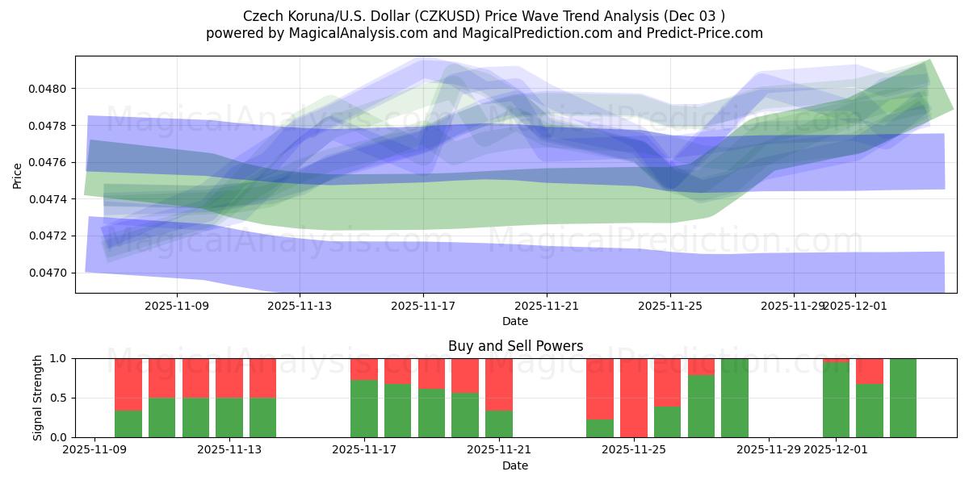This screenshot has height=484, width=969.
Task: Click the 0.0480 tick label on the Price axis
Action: coord(49,89)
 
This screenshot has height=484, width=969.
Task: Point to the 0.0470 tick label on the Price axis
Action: coord(49,273)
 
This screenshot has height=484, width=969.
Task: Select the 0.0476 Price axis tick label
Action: coord(49,162)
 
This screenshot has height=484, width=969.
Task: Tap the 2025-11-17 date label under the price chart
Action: coord(423,306)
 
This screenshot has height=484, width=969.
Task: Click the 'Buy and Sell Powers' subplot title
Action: coord(515,346)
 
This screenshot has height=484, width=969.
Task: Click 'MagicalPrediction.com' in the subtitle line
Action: coord(520,33)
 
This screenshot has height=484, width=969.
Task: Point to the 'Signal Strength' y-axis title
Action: coord(37,398)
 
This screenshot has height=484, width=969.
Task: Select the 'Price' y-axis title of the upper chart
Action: coord(18,174)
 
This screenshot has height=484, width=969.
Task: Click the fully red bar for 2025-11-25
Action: coord(634,397)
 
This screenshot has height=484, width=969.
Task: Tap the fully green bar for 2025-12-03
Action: coord(903,398)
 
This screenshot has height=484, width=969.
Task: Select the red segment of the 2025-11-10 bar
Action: coord(128,384)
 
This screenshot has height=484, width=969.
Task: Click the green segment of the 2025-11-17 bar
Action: coord(364,408)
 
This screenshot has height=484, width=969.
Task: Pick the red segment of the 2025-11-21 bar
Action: coord(499,384)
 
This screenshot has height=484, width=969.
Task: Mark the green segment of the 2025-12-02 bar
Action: coord(870,411)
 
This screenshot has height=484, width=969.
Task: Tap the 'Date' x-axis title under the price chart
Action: coord(515,322)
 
